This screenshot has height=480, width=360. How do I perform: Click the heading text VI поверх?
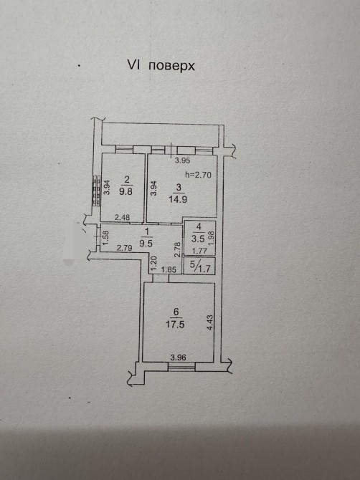point(161,65)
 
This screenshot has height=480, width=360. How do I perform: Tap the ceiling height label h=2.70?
point(199,175)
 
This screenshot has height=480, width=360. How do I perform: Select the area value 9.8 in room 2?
point(125,192)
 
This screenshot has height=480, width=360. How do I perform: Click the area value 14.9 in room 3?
point(178,199)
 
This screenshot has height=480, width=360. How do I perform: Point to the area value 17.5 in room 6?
point(175,325)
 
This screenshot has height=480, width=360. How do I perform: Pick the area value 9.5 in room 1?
point(146,244)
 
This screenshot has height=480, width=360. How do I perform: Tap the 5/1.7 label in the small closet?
point(200,267)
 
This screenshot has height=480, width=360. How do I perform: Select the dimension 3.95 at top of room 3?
point(182,160)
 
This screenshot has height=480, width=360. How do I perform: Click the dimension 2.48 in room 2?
point(122,217)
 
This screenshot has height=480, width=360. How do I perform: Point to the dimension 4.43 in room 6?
point(210,322)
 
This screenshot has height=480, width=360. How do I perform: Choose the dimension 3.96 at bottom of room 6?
point(179,357)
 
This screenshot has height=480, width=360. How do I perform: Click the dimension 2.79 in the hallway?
point(124,247)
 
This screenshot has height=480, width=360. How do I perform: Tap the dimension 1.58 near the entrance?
point(105,238)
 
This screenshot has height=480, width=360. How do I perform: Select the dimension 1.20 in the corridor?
point(154,261)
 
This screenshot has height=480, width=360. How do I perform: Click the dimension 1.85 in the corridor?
point(169,270)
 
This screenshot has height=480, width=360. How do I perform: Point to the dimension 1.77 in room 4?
point(199,251)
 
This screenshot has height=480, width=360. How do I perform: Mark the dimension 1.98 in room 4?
point(211,238)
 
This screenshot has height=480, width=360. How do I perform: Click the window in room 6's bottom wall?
point(181,367)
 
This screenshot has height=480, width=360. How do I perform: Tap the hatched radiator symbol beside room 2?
point(97,191)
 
